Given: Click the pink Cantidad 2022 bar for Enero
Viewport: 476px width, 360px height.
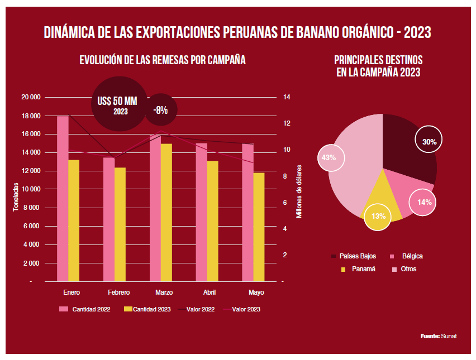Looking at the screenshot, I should (x=63, y=198).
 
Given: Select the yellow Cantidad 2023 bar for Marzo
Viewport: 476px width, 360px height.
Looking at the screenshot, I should (x=166, y=212).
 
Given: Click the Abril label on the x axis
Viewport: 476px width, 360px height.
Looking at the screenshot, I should (x=210, y=292).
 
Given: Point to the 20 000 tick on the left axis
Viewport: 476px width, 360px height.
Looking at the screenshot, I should (x=32, y=97).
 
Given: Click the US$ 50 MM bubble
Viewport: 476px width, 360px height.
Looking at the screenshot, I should (x=117, y=105).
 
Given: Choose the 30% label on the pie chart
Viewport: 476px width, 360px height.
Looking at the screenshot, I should (x=429, y=142).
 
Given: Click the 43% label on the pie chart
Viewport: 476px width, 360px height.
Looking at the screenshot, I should (x=329, y=157).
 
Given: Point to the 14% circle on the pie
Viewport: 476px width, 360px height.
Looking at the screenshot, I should (x=424, y=202).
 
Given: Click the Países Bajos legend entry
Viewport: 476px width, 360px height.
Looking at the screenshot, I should (x=354, y=256).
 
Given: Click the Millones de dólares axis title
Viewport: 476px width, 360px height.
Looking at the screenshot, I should (x=299, y=191).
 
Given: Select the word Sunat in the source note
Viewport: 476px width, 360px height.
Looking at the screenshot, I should (x=449, y=336).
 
